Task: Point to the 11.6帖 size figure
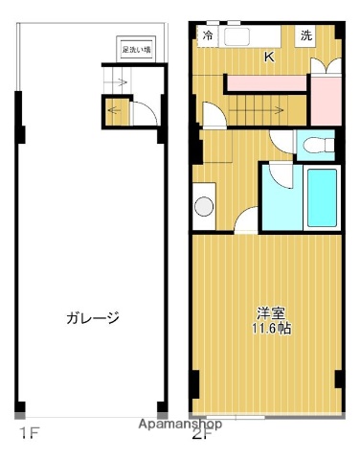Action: coord(272,328)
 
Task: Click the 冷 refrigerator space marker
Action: coord(208,36)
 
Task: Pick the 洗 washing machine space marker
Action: coord(305,35)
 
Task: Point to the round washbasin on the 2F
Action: coord(204,206)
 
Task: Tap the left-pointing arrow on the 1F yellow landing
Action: coord(116,110)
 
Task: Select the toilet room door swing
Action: coord(283,145)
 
